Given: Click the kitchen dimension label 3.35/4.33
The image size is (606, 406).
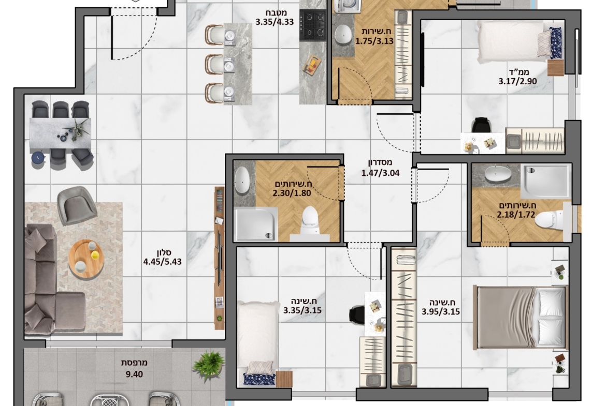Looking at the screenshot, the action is point(275,22).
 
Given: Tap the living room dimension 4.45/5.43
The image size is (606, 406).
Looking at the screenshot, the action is point(162,262).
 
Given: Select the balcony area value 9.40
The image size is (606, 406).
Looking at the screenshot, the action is point(134,374).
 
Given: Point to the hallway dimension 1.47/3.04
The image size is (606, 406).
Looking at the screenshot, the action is point(380,173).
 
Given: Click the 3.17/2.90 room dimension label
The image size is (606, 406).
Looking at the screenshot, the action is point(517,81).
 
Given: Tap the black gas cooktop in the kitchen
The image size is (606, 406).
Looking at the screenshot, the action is point(313,25).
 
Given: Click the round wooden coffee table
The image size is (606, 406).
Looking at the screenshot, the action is point(86,258).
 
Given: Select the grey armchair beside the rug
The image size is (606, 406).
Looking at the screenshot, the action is point(77,205).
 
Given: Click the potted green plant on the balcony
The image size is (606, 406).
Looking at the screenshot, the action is point(209,366).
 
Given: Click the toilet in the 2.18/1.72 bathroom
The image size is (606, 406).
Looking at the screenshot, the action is point(551,219).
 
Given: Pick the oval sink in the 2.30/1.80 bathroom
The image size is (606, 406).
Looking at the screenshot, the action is point(242,179).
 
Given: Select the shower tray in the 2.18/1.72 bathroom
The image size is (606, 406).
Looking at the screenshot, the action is point(545,181).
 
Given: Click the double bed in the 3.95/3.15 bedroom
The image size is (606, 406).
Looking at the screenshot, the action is point(521,317).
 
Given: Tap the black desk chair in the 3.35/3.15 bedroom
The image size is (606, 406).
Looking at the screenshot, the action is point(357,313).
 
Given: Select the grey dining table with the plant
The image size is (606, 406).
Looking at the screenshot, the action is point(60,133).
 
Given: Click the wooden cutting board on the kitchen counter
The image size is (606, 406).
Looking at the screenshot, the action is point(311,65).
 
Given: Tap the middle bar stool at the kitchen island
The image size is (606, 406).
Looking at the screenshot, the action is point(215,64).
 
